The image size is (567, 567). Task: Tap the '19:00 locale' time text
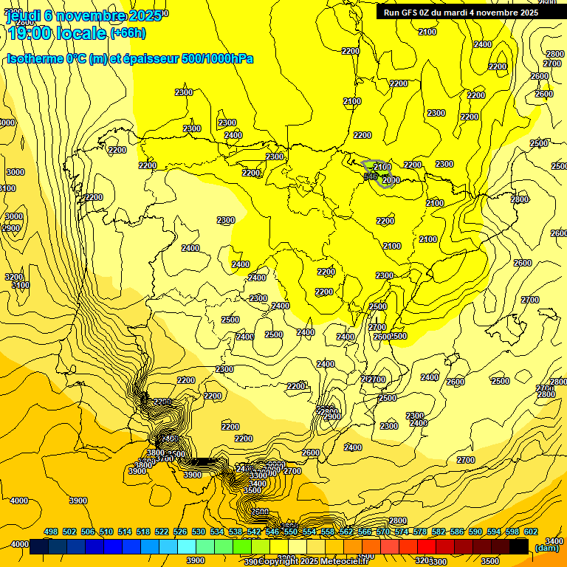pos(56,32)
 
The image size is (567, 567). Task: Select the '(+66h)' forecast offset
pos(128,32)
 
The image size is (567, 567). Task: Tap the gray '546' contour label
pos(371,176)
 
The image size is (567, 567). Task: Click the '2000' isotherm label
pos(391,180)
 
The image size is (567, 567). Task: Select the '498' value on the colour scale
pos(51,532)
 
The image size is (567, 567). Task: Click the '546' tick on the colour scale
pos(272,532)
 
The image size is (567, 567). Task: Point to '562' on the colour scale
pos(346,532)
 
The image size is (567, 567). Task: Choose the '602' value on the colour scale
pos(531,532)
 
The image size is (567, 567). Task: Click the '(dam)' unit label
pos(547,547)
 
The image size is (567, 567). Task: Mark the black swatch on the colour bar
pos(519,546)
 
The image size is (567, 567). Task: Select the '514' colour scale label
pos(125,532)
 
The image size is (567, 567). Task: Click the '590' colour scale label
pos(475,532)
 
